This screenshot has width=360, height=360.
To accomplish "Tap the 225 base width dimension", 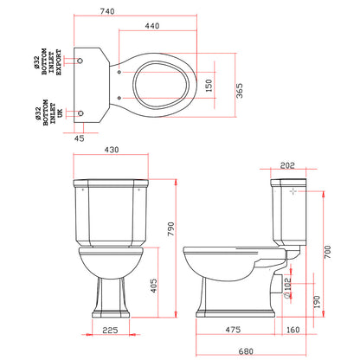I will coord(109,330).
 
